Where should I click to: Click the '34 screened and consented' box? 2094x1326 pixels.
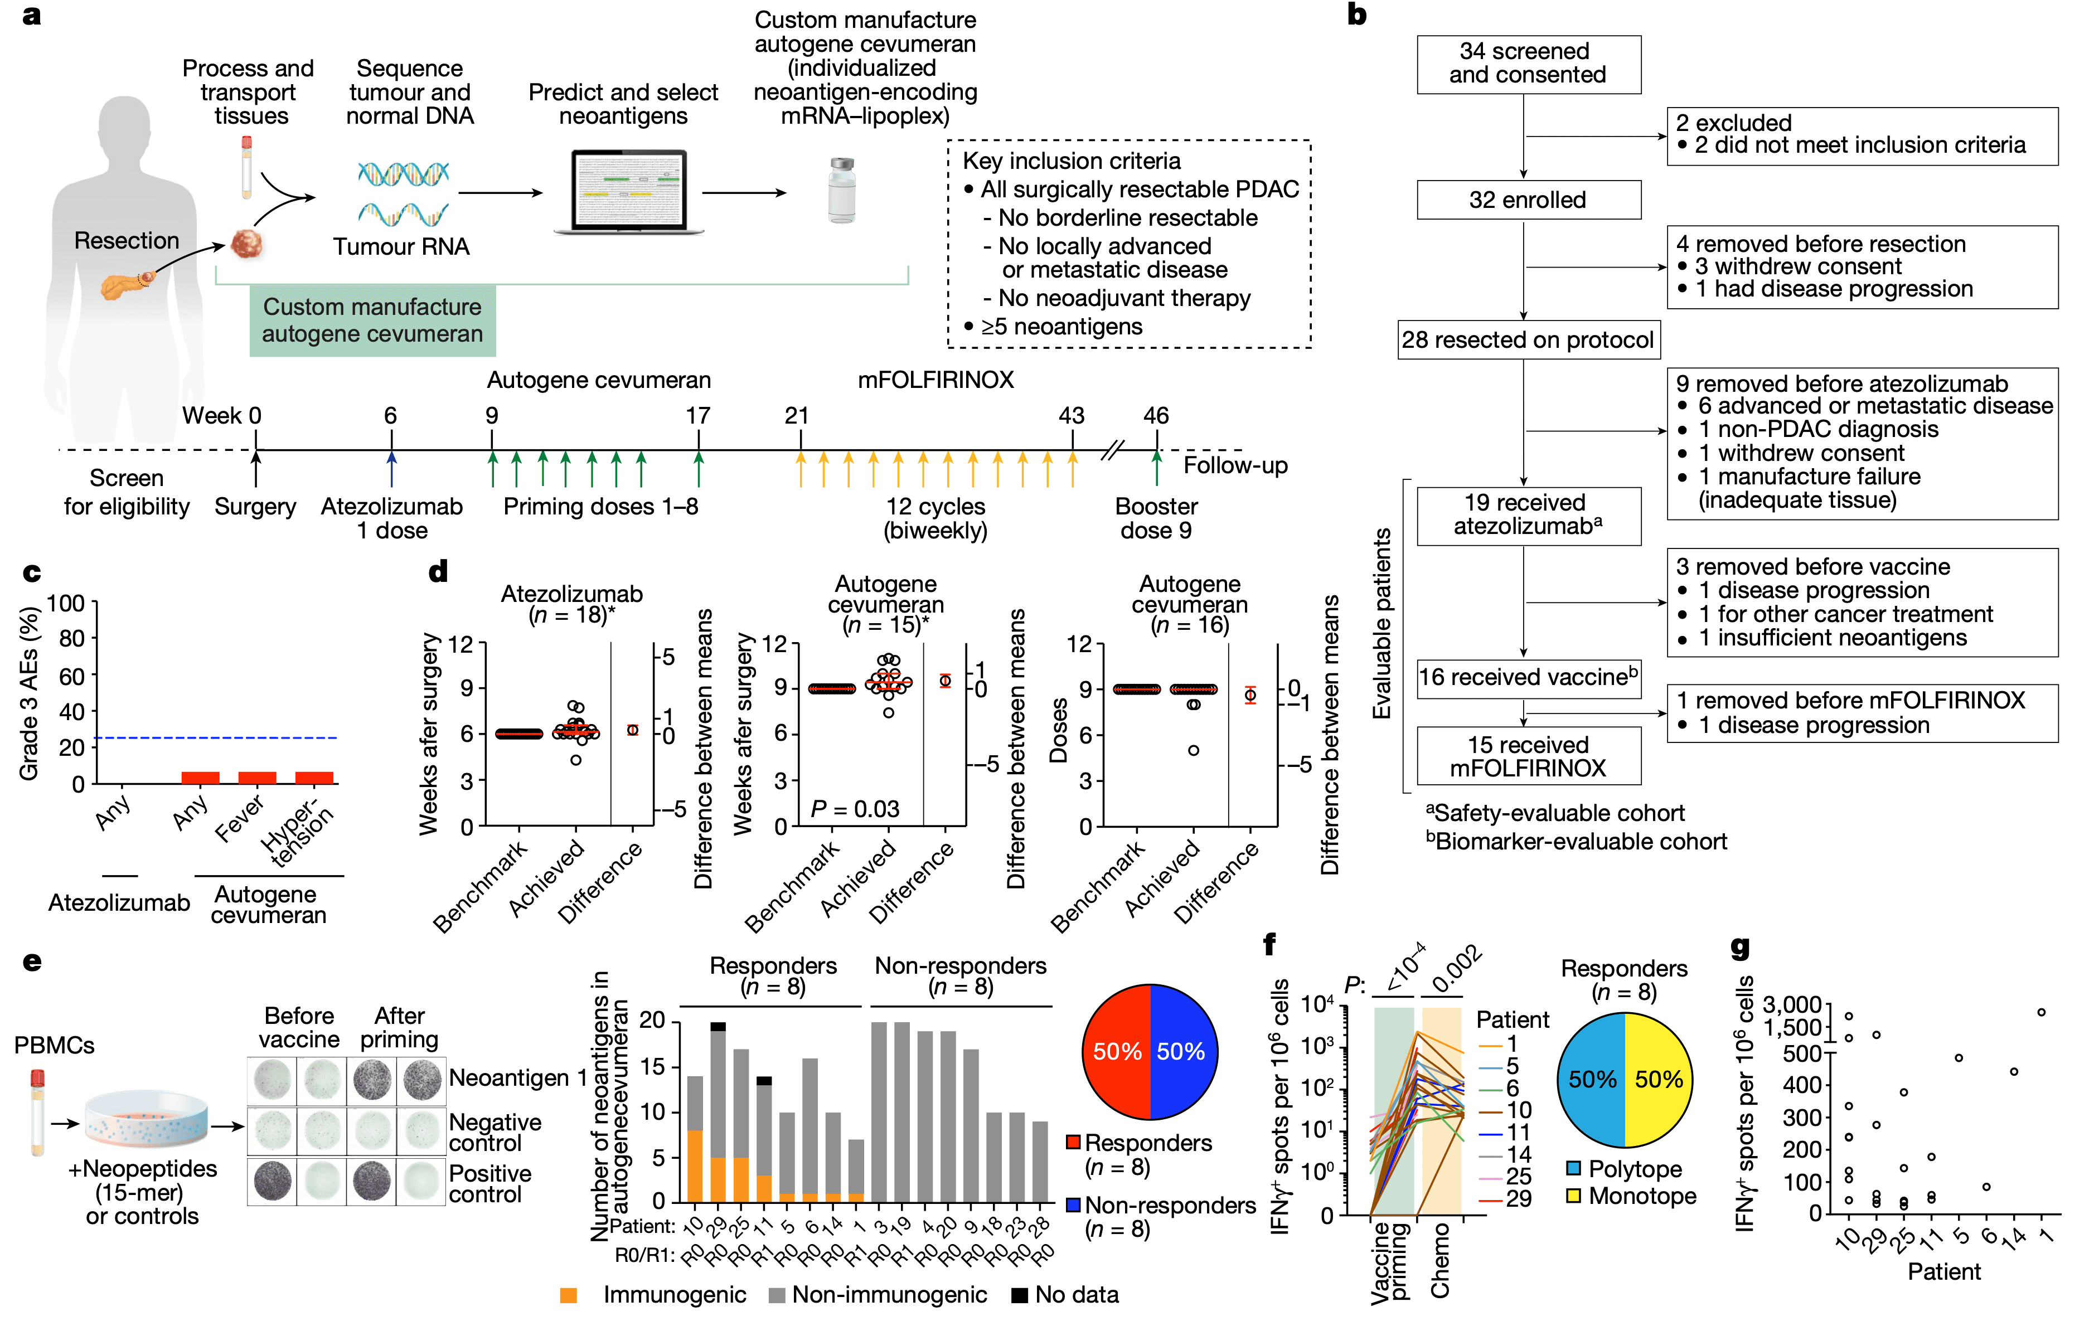pyautogui.click(x=1528, y=64)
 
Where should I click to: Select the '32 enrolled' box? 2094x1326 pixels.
pyautogui.click(x=1528, y=200)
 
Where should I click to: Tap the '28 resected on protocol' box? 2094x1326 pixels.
pyautogui.click(x=1528, y=340)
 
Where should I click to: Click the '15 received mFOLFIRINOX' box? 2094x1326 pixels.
pyautogui.click(x=1528, y=756)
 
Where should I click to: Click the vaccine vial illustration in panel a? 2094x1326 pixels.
pyautogui.click(x=841, y=191)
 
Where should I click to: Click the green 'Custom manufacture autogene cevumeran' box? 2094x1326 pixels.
pyautogui.click(x=372, y=320)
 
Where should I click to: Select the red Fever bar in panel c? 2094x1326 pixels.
pyautogui.click(x=258, y=778)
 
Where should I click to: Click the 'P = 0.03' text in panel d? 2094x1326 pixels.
pyautogui.click(x=854, y=809)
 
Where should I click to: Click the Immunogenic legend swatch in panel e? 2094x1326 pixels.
pyautogui.click(x=569, y=1295)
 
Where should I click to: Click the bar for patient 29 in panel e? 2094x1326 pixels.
pyautogui.click(x=718, y=1113)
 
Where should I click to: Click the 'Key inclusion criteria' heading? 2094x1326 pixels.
pyautogui.click(x=1072, y=161)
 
